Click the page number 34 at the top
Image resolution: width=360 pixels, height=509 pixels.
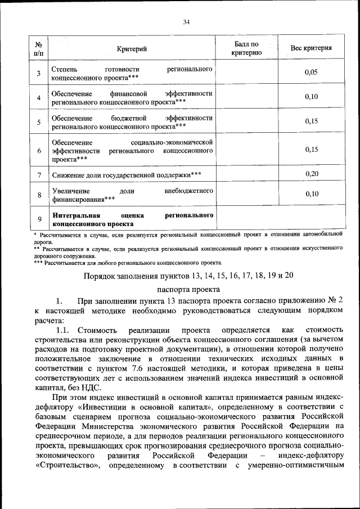click(x=186, y=22)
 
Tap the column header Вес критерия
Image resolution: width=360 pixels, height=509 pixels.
click(x=310, y=48)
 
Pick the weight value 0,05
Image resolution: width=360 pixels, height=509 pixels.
click(x=311, y=73)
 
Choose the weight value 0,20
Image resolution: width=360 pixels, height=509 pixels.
click(x=311, y=174)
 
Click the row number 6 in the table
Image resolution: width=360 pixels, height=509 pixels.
click(x=39, y=151)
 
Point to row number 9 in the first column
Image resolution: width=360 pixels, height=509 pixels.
click(x=39, y=219)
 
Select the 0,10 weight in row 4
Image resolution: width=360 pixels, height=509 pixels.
click(x=311, y=97)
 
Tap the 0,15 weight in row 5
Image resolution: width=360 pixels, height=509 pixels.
click(x=311, y=121)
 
